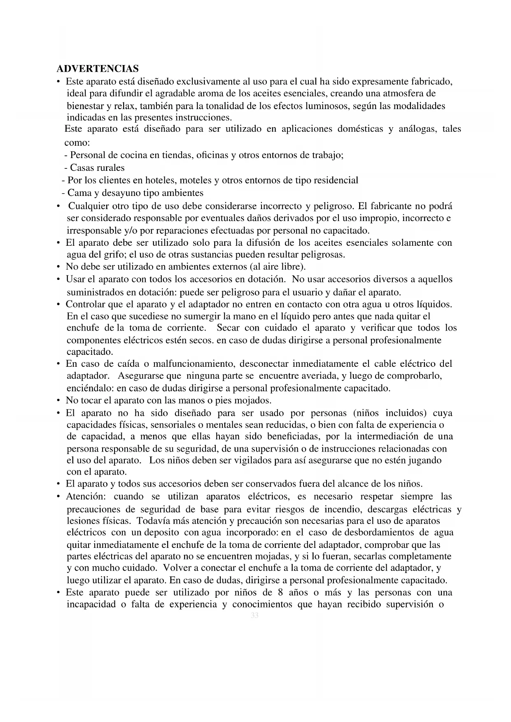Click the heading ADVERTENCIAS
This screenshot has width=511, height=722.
pyautogui.click(x=97, y=68)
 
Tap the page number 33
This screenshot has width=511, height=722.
pyautogui.click(x=254, y=616)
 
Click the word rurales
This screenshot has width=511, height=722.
pyautogui.click(x=110, y=168)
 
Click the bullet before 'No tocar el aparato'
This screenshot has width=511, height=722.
pyautogui.click(x=58, y=401)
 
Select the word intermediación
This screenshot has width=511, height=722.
pyautogui.click(x=388, y=436)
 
